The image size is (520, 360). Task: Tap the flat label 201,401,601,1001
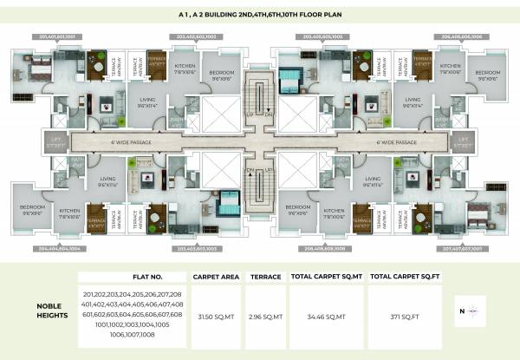pyautogui.click(x=58, y=37)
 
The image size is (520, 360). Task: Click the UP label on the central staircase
pyautogui.click(x=250, y=114)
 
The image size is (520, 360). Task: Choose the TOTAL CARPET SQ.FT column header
pyautogui.click(x=403, y=277)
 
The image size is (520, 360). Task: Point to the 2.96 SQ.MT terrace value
pyautogui.click(x=264, y=317)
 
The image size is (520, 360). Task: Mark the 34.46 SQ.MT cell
pyautogui.click(x=326, y=317)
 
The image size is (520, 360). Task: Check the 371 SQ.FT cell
pyautogui.click(x=404, y=317)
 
